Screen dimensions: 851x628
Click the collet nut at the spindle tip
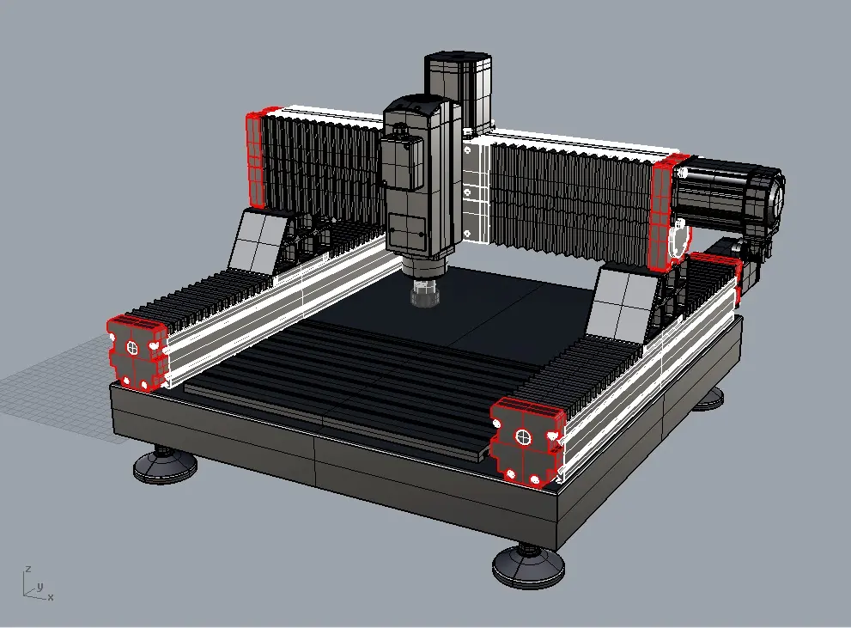pyautogui.click(x=425, y=294)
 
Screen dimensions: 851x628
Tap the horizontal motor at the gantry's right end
pyautogui.click(x=728, y=200)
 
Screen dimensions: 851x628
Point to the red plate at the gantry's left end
pyautogui.click(x=255, y=161)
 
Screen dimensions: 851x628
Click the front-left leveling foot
pyautogui.click(x=166, y=465)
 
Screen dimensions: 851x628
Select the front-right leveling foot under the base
pyautogui.click(x=528, y=566)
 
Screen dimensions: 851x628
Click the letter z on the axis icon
pyautogui.click(x=28, y=569)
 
